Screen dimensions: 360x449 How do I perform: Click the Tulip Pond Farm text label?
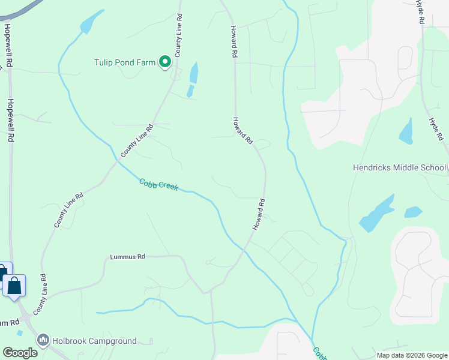click(x=125, y=62)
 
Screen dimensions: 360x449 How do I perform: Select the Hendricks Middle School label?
click(x=399, y=167)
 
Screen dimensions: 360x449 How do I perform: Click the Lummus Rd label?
click(x=128, y=257)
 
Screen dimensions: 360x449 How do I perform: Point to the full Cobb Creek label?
click(x=158, y=184)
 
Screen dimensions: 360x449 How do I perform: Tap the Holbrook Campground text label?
click(x=95, y=341)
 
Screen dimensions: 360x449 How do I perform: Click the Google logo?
click(x=20, y=353)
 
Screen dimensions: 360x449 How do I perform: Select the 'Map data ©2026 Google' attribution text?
click(x=412, y=355)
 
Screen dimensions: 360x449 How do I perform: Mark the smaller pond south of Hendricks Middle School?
click(x=413, y=212)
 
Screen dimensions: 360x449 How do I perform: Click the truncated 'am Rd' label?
click(x=10, y=323)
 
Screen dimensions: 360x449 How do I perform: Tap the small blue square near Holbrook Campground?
click(x=20, y=332)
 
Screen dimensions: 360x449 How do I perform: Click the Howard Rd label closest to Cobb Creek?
click(x=259, y=215)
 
